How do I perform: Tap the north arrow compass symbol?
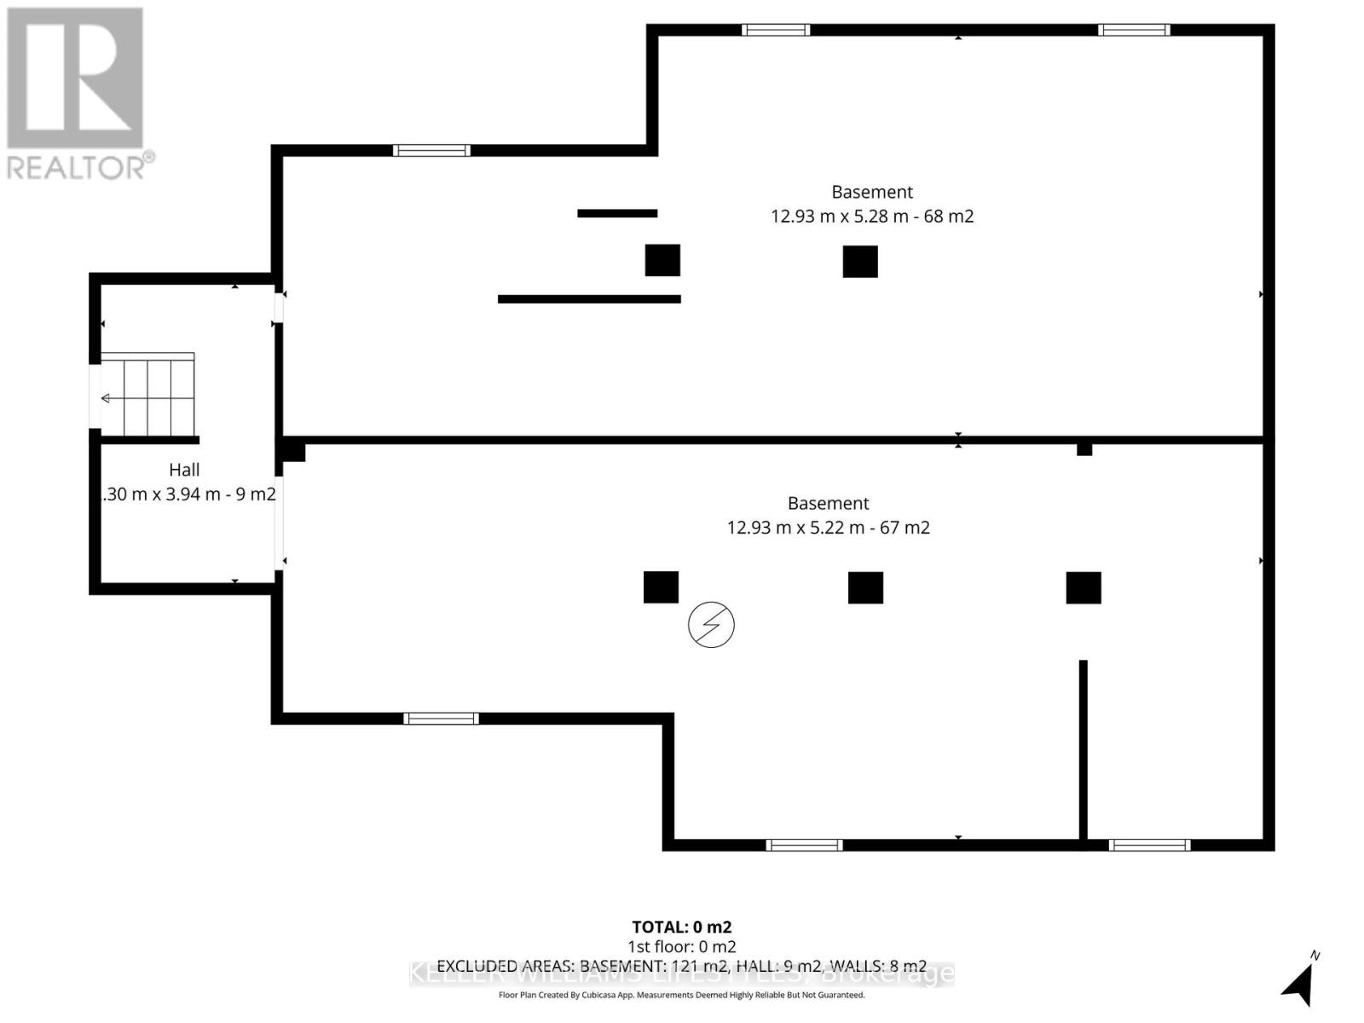pyautogui.click(x=1300, y=980)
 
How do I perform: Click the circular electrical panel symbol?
pyautogui.click(x=711, y=625)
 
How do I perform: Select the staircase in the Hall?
pyautogui.click(x=148, y=396)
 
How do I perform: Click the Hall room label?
pyautogui.click(x=184, y=470)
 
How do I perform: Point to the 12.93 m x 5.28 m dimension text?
pyautogui.click(x=871, y=217)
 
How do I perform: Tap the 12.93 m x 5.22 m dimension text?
pyautogui.click(x=828, y=528)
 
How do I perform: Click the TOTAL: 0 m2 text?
pyautogui.click(x=681, y=927)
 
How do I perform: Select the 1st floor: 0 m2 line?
pyautogui.click(x=681, y=946)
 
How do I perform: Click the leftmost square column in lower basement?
pyautogui.click(x=661, y=587)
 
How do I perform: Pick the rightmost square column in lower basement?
pyautogui.click(x=1084, y=587)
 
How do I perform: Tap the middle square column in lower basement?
pyautogui.click(x=865, y=587)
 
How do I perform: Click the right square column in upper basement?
pyautogui.click(x=860, y=262)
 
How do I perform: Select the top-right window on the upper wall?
pyautogui.click(x=1134, y=31)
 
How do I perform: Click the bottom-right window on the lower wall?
pyautogui.click(x=1149, y=845)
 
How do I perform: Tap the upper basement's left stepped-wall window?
pyautogui.click(x=431, y=151)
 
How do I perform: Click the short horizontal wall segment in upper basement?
pyautogui.click(x=617, y=213)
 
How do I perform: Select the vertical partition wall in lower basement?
pyautogui.click(x=1084, y=750)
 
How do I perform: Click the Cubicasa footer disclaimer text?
pyautogui.click(x=681, y=995)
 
